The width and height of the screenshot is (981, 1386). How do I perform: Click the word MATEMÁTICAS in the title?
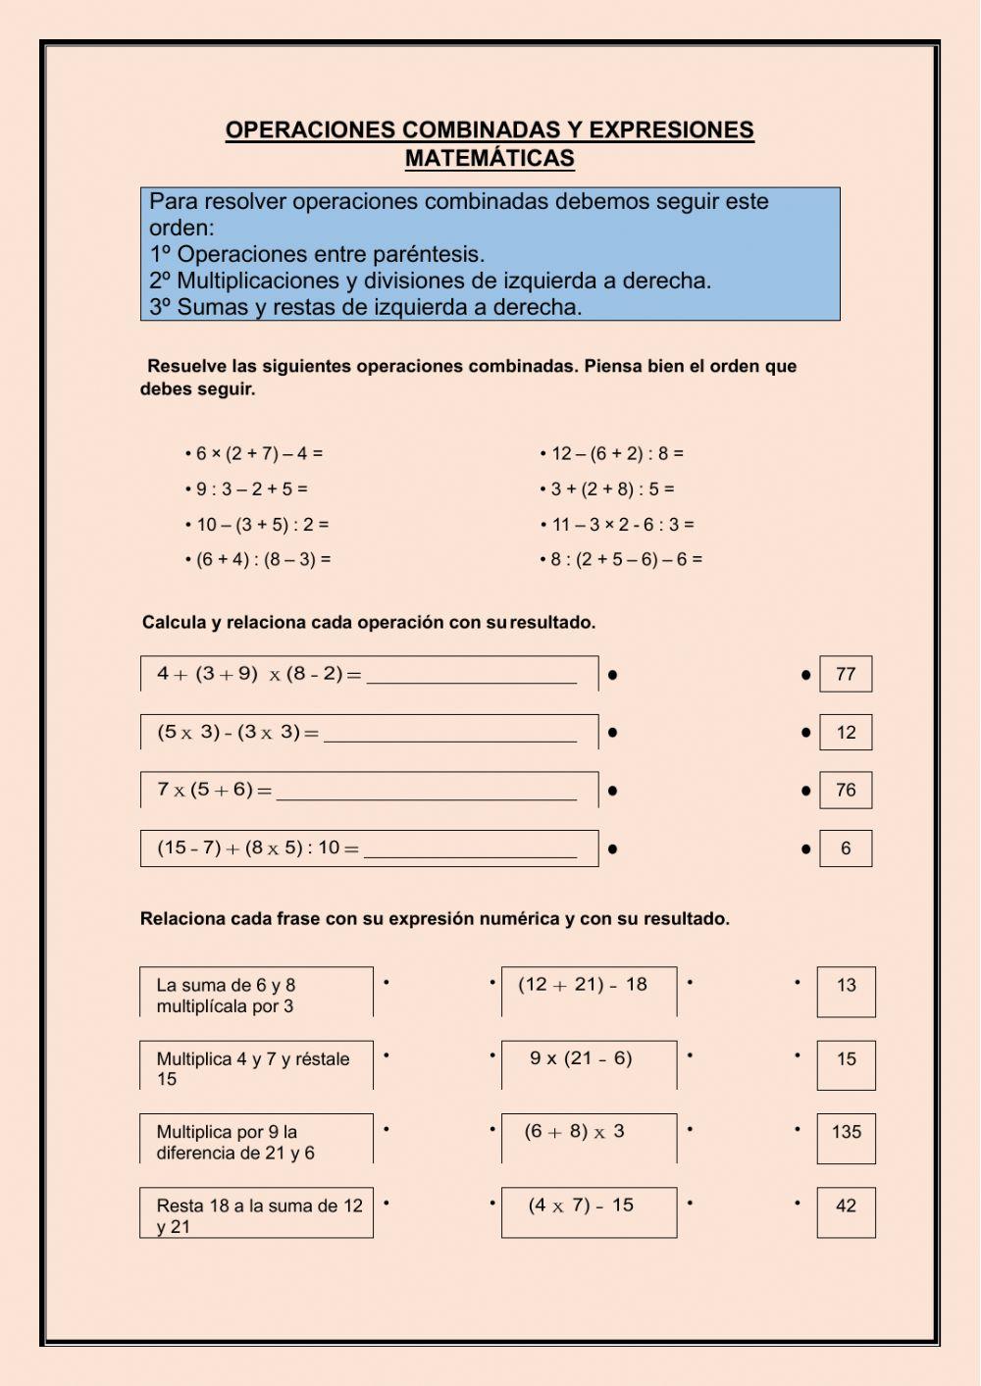point(490,158)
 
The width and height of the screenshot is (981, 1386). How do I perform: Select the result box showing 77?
point(846,674)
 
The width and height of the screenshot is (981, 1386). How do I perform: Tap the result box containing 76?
point(846,790)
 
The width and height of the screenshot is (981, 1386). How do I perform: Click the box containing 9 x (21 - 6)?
point(589,1064)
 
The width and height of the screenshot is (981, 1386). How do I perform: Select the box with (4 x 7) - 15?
point(589,1211)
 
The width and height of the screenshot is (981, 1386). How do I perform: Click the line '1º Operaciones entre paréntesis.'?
point(317,254)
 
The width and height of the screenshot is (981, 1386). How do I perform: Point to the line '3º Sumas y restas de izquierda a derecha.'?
point(366,307)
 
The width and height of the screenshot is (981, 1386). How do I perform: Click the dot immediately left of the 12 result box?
point(806,733)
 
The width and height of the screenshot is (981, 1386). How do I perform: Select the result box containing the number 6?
point(846,848)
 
